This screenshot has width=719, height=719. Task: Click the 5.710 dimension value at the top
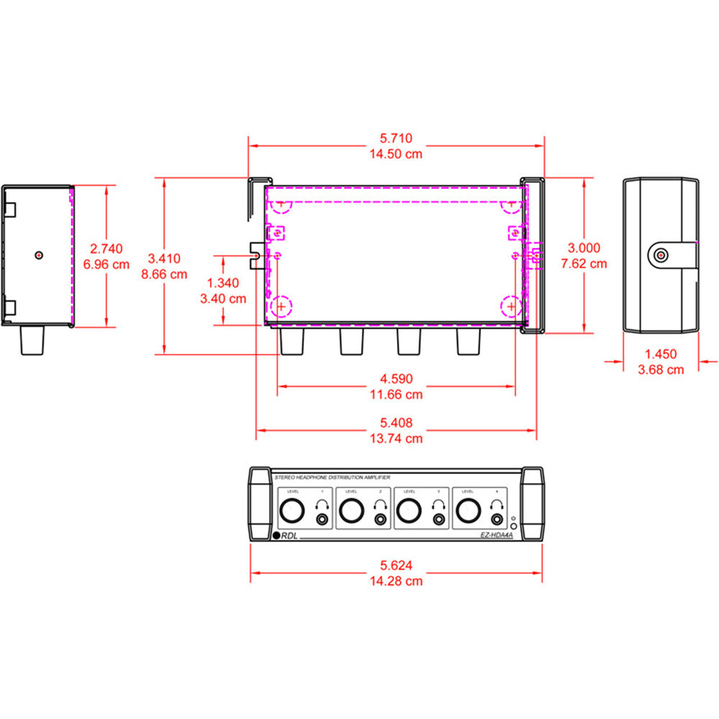(x=395, y=139)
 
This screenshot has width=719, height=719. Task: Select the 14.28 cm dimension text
(x=395, y=581)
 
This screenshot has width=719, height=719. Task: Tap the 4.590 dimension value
(x=396, y=379)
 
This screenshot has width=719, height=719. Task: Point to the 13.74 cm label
(x=396, y=438)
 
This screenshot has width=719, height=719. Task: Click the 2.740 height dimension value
(x=106, y=249)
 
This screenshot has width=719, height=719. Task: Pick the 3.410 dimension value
(x=165, y=258)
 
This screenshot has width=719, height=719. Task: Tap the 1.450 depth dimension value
(x=660, y=354)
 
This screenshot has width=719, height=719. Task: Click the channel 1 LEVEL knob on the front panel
(x=292, y=511)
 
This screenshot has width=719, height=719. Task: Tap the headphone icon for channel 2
(x=380, y=505)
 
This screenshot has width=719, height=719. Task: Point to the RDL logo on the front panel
(x=287, y=535)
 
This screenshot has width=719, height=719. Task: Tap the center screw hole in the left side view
(x=38, y=255)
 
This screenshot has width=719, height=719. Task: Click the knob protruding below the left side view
(x=32, y=340)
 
